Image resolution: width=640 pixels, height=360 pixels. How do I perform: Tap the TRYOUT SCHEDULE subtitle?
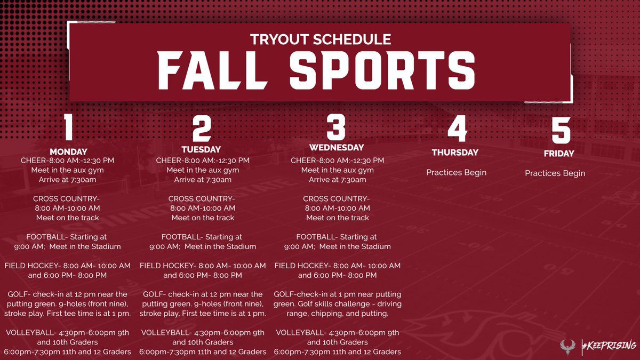click(x=321, y=39)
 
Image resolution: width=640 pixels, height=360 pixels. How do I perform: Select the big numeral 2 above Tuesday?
click(x=202, y=129)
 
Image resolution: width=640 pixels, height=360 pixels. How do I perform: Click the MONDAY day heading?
click(x=68, y=151)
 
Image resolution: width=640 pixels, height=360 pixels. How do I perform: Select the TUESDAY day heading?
click(x=201, y=149)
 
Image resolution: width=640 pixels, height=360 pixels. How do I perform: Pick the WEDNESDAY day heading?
click(x=337, y=147)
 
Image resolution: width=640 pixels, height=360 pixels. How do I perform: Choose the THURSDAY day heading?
click(x=455, y=153)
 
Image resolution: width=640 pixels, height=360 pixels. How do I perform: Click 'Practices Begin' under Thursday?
click(x=456, y=172)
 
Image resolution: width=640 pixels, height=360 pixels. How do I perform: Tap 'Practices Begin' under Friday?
click(x=555, y=173)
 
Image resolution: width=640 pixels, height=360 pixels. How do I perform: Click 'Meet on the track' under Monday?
click(x=68, y=218)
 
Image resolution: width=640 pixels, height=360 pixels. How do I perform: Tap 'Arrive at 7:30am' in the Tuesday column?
click(x=203, y=180)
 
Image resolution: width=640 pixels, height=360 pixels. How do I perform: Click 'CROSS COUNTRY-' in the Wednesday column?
click(x=337, y=198)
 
